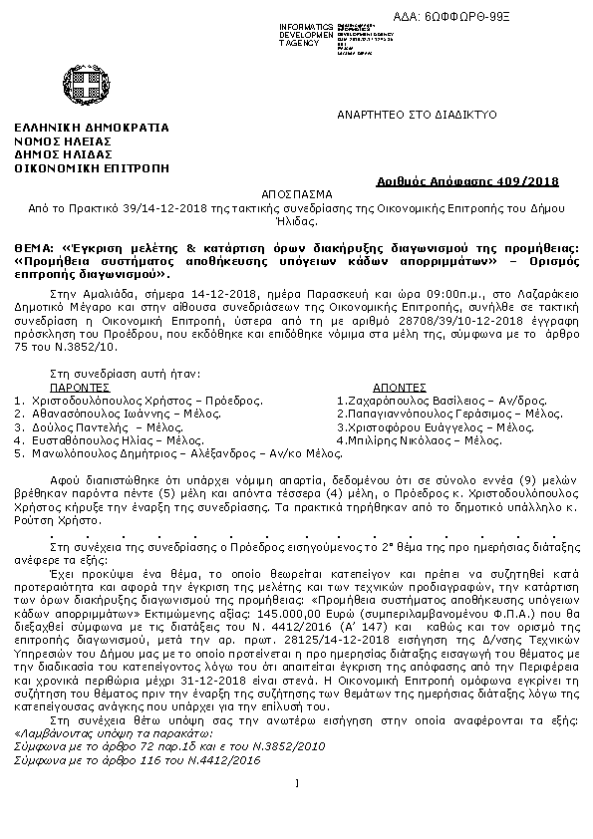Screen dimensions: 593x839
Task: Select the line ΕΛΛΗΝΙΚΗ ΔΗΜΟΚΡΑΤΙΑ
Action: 92,128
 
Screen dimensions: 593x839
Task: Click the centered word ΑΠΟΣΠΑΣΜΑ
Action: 295,194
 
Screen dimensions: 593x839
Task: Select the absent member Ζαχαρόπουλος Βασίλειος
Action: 403,400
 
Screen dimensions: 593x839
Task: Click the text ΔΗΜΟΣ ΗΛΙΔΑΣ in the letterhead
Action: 62,155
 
